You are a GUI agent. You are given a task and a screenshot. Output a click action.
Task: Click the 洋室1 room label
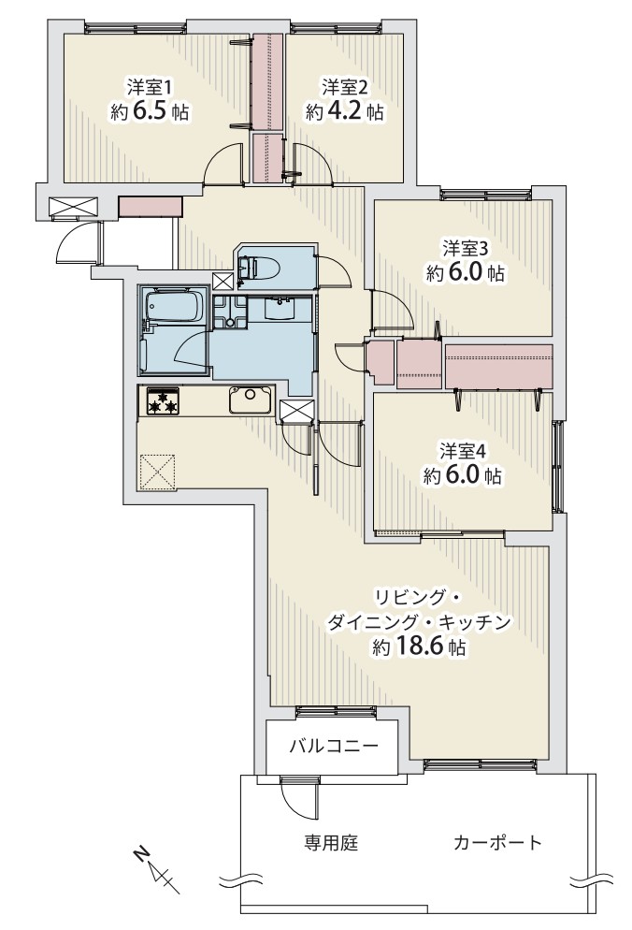point(150,88)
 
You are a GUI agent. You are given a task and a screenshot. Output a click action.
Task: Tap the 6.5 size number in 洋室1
point(151,111)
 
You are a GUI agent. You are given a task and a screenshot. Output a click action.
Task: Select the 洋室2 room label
point(345,88)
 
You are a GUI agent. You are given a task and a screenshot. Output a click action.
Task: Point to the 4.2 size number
point(344,111)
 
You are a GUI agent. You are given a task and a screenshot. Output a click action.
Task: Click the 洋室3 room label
point(466,248)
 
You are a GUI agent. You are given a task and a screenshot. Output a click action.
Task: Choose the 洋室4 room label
point(463,451)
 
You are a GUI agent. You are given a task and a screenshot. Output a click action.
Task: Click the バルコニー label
point(333,745)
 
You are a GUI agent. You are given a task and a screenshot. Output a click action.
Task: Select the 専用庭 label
point(331,842)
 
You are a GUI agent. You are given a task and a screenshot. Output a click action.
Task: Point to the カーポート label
point(497,842)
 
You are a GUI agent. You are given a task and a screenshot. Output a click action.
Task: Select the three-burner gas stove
point(163,401)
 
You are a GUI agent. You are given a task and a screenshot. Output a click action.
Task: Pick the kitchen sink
point(251,399)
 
